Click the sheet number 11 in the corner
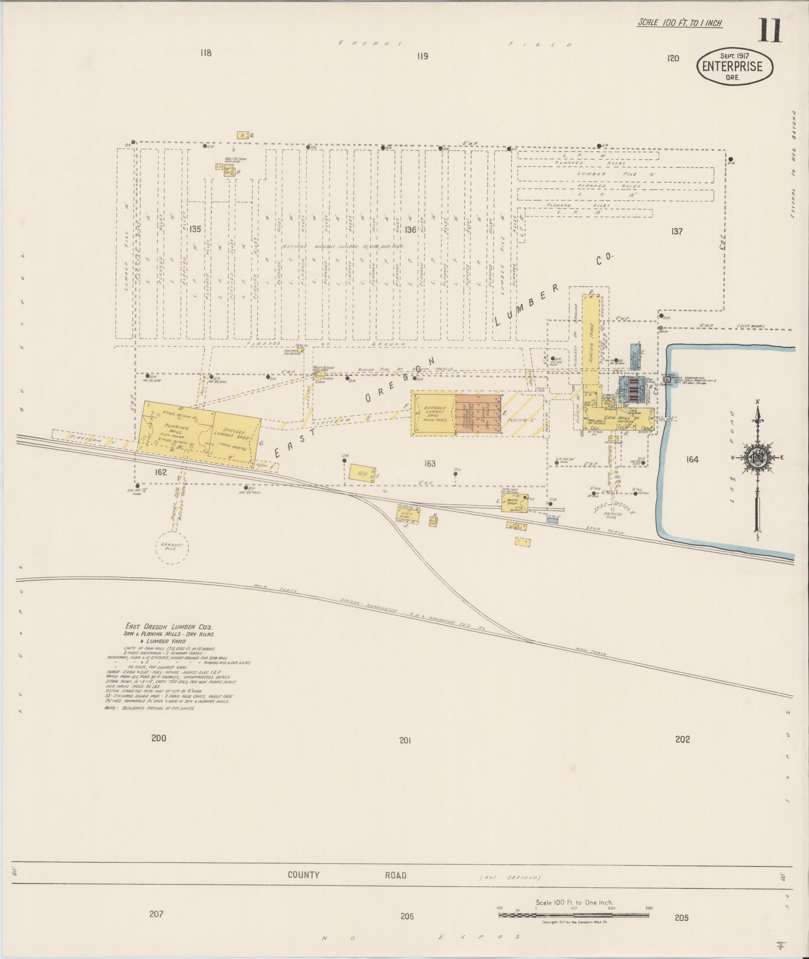[x=769, y=31]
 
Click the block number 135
[x=195, y=229]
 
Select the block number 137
[x=677, y=231]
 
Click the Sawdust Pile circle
[x=172, y=548]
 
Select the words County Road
[x=346, y=875]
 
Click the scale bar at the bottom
[x=574, y=915]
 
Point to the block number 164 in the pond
[x=692, y=459]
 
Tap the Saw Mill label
[x=614, y=418]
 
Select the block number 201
[x=405, y=740]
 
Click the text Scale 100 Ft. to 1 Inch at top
[x=680, y=23]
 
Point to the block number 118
[x=206, y=53]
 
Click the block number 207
[x=156, y=914]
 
